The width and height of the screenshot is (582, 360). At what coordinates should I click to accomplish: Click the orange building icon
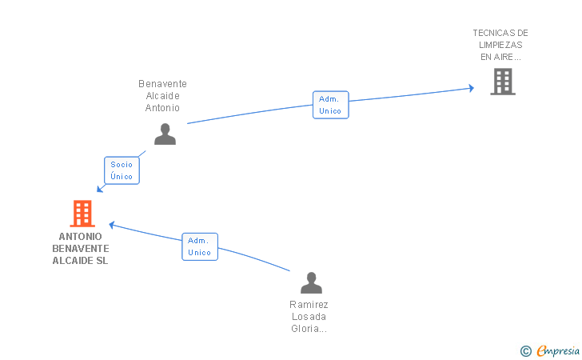[82, 214]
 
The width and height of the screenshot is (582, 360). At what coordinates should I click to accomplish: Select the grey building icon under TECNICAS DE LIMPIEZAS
[503, 82]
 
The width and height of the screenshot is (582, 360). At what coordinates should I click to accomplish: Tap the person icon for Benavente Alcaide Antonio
[165, 134]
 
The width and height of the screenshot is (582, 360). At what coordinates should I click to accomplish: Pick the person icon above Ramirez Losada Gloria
[312, 282]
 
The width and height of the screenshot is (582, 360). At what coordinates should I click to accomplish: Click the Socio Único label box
[122, 170]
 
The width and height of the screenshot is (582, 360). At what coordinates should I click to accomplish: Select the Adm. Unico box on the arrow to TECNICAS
[331, 105]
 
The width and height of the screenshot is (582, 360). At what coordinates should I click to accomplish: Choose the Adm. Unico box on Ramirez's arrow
[200, 246]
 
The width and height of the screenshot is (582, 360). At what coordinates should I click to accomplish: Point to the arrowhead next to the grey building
[472, 88]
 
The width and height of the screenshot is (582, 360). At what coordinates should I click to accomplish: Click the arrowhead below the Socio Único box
[100, 189]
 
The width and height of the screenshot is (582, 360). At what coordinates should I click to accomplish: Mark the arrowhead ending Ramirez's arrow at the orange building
[112, 225]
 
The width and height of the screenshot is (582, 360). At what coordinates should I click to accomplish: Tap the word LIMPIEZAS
[500, 45]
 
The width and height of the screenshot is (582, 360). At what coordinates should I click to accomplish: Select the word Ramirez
[309, 305]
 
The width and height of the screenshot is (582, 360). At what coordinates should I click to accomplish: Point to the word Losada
[309, 317]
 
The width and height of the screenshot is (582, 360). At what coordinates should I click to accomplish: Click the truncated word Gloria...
[309, 329]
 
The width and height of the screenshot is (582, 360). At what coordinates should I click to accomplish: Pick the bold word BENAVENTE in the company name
[81, 249]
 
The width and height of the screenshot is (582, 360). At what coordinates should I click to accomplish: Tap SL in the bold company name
[102, 261]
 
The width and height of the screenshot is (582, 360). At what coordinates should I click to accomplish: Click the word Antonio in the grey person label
[162, 108]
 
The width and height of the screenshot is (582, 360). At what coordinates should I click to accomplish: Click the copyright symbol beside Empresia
[526, 351]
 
